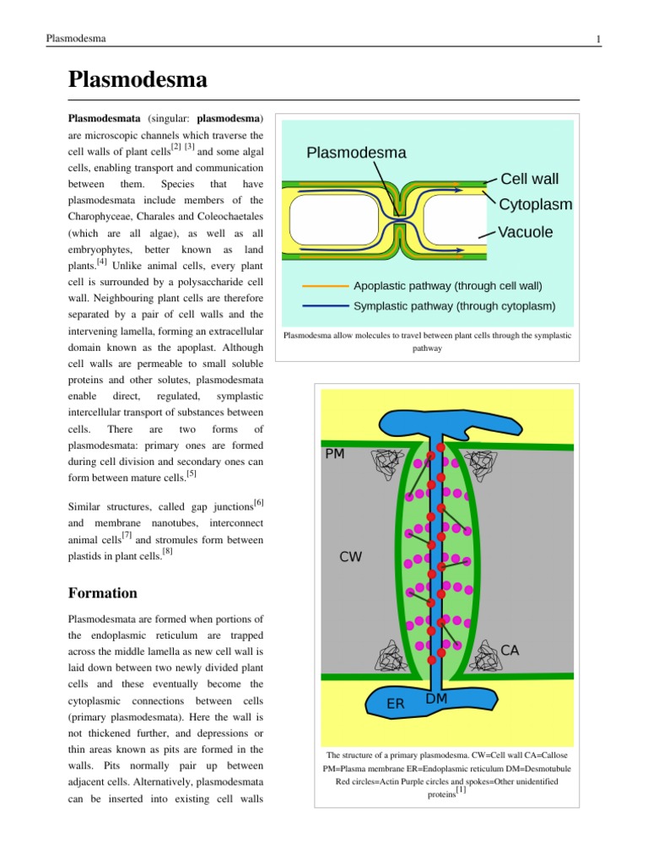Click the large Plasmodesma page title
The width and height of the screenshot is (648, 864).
point(137,81)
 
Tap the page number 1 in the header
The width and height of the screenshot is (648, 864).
point(597,40)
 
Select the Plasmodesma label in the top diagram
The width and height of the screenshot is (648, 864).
point(356,153)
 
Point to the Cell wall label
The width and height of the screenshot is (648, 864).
point(529,179)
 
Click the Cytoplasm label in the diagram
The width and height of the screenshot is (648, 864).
point(535,204)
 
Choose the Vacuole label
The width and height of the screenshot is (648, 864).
point(526,232)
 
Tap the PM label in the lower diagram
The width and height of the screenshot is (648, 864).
point(335,454)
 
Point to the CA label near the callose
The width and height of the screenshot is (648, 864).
point(510,650)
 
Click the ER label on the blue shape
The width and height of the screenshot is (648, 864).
point(395,703)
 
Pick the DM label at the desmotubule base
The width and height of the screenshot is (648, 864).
point(436,699)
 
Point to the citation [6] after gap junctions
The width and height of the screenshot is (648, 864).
point(258,504)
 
